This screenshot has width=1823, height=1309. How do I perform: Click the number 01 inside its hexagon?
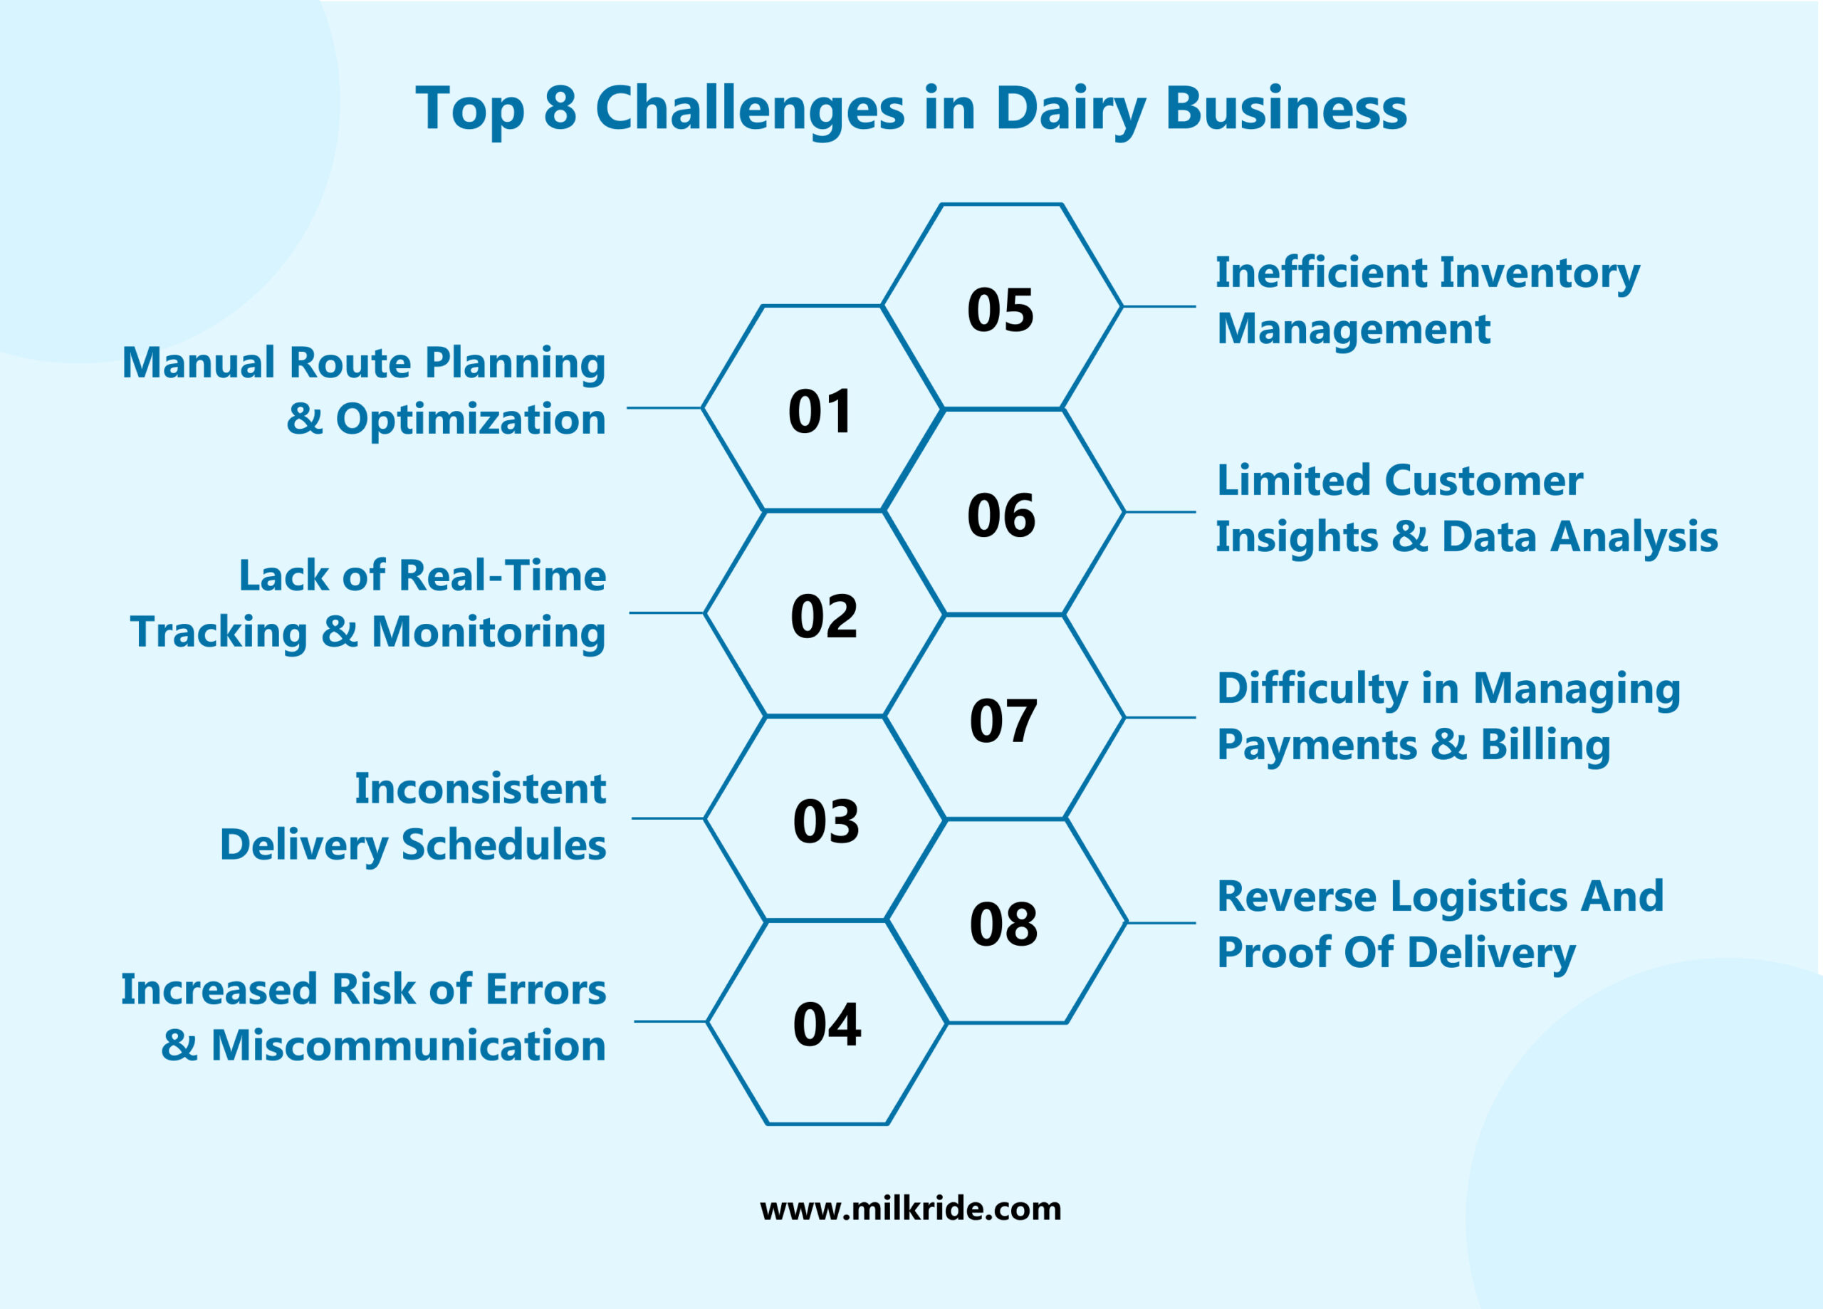click(x=819, y=412)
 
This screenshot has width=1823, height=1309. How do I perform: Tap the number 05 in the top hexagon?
click(x=1000, y=310)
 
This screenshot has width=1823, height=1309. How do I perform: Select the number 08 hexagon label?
click(x=1003, y=924)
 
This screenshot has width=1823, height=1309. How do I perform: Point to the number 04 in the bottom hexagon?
click(x=826, y=1025)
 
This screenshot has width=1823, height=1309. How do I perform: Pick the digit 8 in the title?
click(x=560, y=108)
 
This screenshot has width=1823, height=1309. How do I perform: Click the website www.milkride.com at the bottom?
click(x=910, y=1209)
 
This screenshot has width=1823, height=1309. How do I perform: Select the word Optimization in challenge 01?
click(x=470, y=419)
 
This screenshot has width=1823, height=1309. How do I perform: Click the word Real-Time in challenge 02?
click(x=502, y=575)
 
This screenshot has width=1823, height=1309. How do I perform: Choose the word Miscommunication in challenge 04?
click(x=407, y=1045)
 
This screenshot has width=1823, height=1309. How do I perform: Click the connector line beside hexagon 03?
click(x=667, y=818)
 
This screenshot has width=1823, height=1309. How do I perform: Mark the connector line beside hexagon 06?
click(x=1159, y=512)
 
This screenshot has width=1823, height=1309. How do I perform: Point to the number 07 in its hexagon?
click(x=1003, y=721)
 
